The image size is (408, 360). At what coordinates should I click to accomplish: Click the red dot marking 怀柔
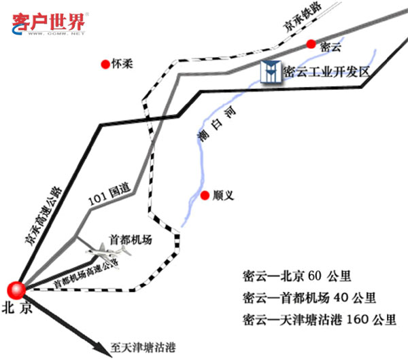tap(105, 65)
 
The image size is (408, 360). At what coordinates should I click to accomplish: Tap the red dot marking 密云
tap(311, 45)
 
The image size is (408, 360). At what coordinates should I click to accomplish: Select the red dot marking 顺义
tap(205, 196)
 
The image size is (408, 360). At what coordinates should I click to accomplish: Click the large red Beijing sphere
tap(16, 288)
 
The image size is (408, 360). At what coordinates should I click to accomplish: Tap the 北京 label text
tap(17, 306)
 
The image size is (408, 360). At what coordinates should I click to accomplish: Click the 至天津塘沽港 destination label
tap(142, 348)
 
